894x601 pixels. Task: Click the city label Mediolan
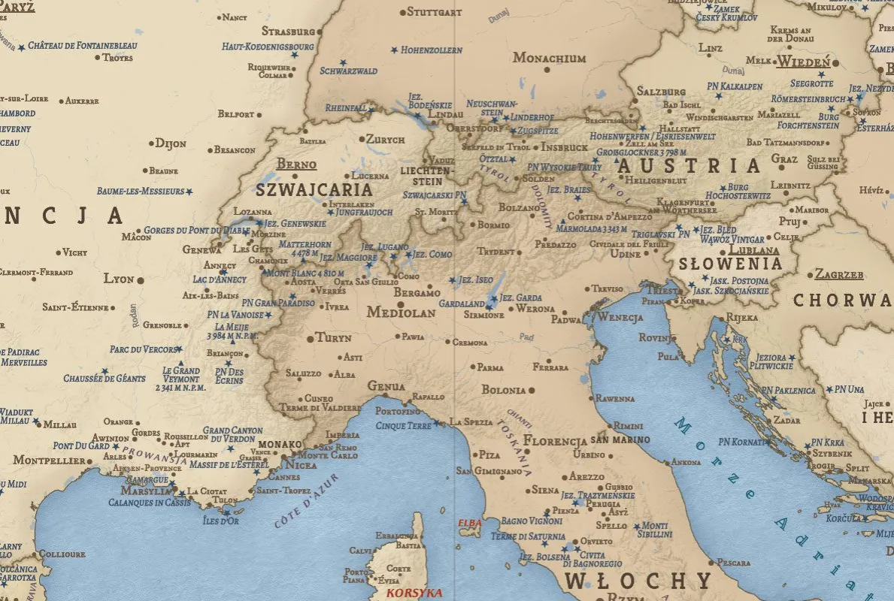[401, 313]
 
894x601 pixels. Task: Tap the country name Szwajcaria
[314, 189]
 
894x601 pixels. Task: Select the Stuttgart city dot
[402, 12]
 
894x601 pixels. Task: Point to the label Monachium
[549, 58]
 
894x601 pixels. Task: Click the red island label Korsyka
[414, 593]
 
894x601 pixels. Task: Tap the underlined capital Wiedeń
[804, 62]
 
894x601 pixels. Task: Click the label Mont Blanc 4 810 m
[305, 273]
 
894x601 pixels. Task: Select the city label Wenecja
[620, 317]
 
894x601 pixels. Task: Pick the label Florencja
[555, 440]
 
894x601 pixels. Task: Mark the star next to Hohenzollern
[394, 50]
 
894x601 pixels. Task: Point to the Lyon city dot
[141, 279]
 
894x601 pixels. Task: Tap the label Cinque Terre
[402, 425]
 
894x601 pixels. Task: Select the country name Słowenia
[730, 264]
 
